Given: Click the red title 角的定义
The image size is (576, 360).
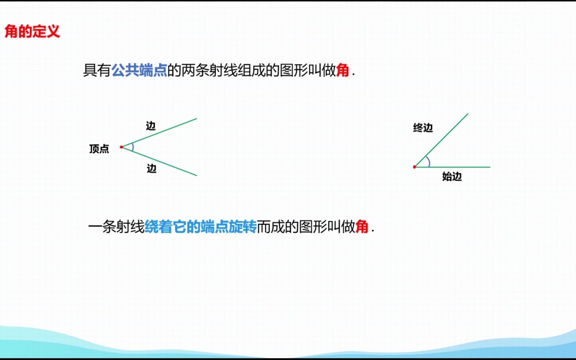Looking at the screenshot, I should pos(32,32).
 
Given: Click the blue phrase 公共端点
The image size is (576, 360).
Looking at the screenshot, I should pos(139,70).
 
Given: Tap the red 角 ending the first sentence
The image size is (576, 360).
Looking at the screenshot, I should pos(342,70).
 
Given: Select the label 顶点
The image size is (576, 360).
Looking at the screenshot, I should pos(99,149).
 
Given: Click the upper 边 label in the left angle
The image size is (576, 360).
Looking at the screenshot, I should pos(151,126).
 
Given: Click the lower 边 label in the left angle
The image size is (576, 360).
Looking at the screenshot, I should pos(152,169).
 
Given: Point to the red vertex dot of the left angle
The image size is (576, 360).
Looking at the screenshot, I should pos(121,147).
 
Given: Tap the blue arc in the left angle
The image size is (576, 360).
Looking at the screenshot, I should pos(133,147).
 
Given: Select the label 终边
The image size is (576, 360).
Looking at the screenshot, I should pos(423,128).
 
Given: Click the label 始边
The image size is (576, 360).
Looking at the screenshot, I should pos(452,176).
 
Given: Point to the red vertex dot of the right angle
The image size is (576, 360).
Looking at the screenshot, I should pos(414,167).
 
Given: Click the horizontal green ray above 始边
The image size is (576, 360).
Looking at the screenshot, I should pos(460,167).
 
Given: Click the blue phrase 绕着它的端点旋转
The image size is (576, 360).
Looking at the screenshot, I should pos(200,227).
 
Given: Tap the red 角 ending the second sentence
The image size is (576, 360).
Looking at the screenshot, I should pos(362,227).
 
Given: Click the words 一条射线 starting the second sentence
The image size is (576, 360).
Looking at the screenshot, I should pos(116,227).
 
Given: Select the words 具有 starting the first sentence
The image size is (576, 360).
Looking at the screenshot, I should pos(97,70).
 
